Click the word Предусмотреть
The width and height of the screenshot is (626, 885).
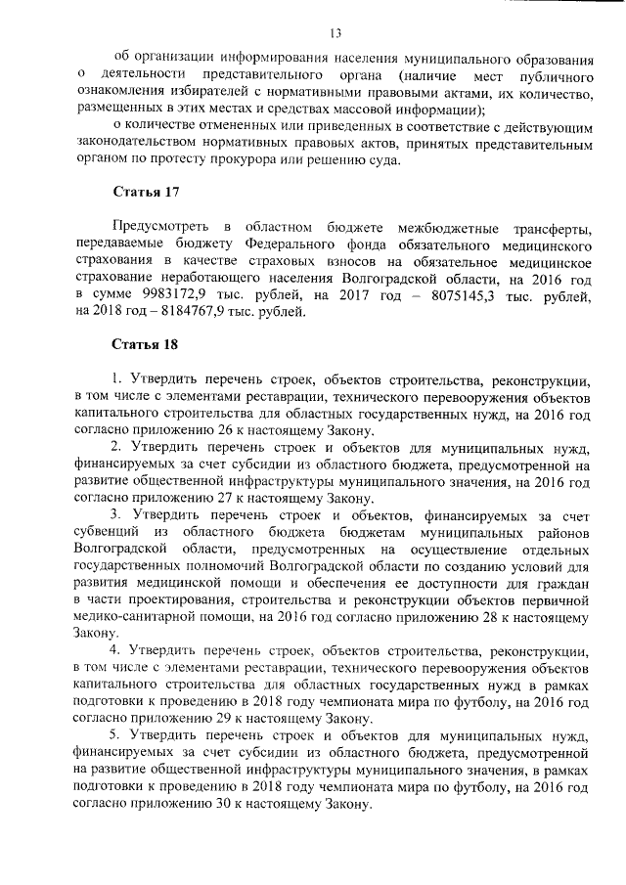(x=160, y=228)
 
